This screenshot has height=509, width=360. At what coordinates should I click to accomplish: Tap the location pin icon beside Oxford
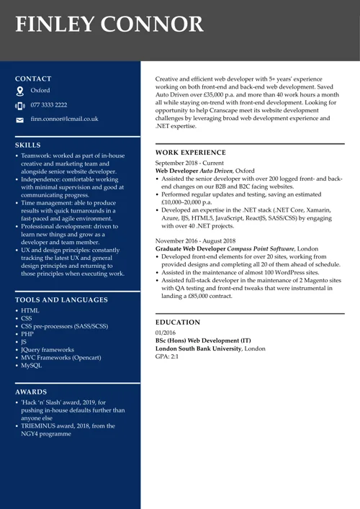tap(19, 91)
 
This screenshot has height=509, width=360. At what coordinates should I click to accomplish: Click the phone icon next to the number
tap(19, 105)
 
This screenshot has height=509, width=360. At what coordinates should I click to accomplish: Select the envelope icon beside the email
tap(19, 120)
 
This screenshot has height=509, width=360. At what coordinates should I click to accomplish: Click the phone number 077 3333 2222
tap(49, 105)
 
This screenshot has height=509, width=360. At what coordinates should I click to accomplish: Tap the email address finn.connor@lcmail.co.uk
tap(64, 119)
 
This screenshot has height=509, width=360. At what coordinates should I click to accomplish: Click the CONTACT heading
tap(33, 78)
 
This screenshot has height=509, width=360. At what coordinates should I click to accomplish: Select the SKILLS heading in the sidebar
tap(28, 145)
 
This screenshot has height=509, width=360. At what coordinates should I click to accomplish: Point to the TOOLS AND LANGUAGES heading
tap(61, 299)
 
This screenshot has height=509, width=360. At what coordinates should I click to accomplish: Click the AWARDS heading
tap(31, 392)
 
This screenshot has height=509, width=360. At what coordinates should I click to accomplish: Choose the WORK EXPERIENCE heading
tap(191, 153)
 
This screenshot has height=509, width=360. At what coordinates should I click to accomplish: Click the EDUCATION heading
tap(178, 323)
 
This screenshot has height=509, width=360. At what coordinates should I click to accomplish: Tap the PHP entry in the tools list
tap(27, 334)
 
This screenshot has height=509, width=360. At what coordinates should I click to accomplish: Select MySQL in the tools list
tap(31, 366)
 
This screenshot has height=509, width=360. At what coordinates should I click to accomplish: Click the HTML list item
tap(30, 310)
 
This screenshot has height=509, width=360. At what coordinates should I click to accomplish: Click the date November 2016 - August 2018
tap(195, 240)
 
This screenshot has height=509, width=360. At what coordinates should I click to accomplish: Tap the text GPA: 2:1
tap(167, 356)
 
